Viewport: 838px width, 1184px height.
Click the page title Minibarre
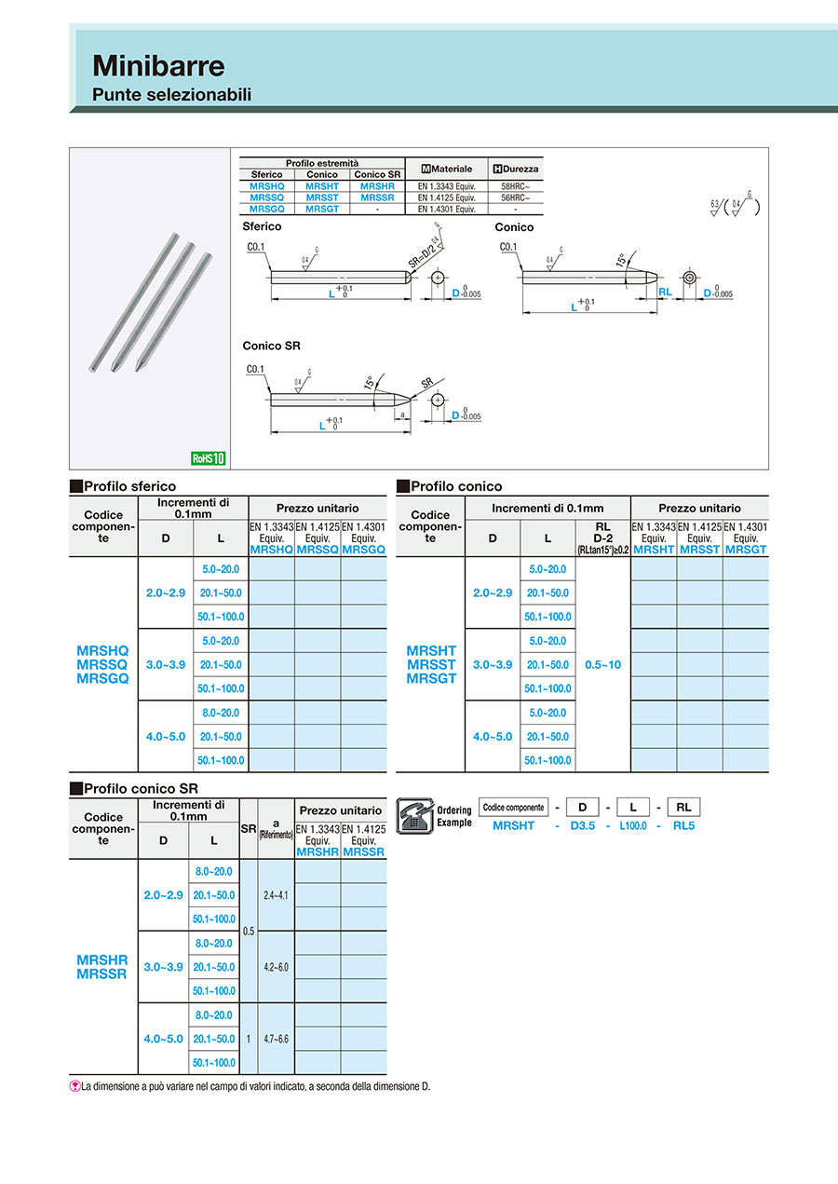pos(158,66)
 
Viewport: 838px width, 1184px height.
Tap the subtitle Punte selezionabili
pos(171,95)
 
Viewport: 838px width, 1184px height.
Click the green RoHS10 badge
pos(208,457)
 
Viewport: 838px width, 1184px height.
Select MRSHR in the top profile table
pos(377,186)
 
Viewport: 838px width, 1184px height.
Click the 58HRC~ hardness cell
pos(515,186)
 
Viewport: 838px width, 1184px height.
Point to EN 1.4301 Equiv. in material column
pos(446,210)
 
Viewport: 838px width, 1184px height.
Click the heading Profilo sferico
pos(129,486)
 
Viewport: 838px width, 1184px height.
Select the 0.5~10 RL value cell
pos(602,665)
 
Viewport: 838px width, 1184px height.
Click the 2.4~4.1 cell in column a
pos(277,894)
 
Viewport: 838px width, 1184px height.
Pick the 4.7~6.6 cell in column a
pos(277,1038)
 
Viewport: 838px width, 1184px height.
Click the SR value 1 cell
pos(249,1038)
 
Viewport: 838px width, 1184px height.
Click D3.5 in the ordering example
pos(583,825)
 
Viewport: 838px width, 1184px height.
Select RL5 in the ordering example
pos(683,825)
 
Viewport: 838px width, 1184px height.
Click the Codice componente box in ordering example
pos(513,808)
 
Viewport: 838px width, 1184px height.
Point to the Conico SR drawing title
pos(271,346)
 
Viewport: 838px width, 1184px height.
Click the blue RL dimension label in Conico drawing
pos(665,292)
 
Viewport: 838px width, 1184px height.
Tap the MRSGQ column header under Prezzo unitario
pos(363,550)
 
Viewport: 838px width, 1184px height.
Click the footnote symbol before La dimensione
pos(75,1086)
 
